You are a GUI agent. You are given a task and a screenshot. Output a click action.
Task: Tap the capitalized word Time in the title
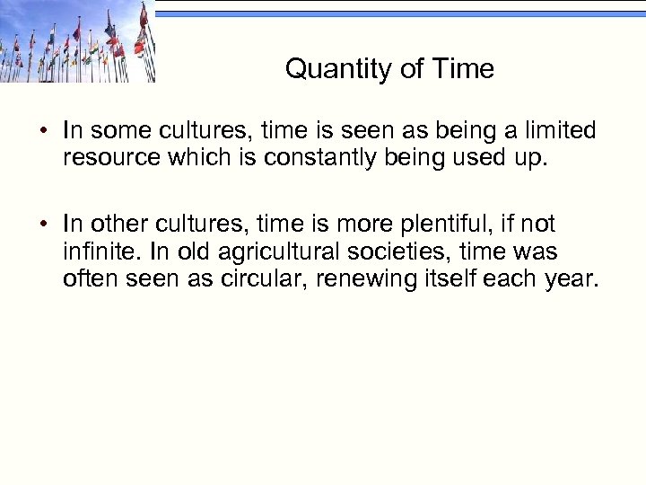[463, 69]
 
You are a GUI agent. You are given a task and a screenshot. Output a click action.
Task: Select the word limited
[555, 131]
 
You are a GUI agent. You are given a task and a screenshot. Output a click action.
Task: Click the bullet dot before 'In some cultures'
[44, 132]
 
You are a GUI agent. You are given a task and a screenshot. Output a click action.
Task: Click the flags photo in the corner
[77, 41]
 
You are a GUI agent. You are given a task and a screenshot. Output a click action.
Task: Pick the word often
[90, 280]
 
